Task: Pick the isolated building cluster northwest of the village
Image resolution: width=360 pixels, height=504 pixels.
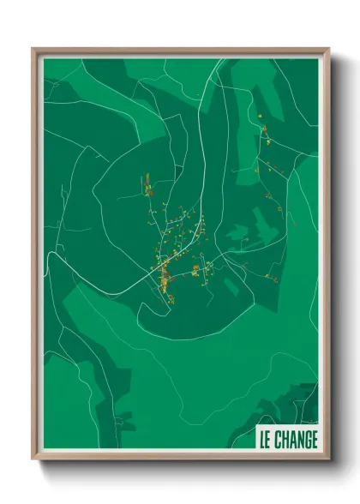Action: [147, 185]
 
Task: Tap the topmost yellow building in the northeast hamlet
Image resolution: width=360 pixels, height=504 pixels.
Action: [259, 114]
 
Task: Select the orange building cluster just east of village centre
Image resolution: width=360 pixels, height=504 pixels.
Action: [196, 272]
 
